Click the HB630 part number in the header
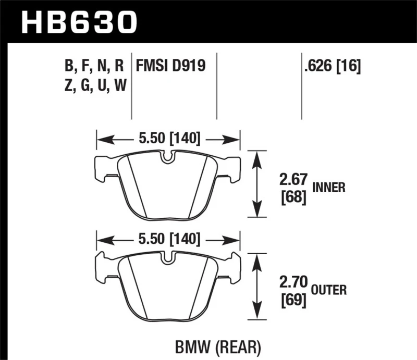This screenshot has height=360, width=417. pyautogui.click(x=79, y=22)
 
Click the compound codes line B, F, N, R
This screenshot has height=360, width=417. pyautogui.click(x=94, y=66)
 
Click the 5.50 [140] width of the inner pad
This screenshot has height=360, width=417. pyautogui.click(x=167, y=139)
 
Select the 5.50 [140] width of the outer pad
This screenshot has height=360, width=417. pyautogui.click(x=167, y=239)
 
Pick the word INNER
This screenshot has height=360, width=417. pyautogui.click(x=329, y=188)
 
